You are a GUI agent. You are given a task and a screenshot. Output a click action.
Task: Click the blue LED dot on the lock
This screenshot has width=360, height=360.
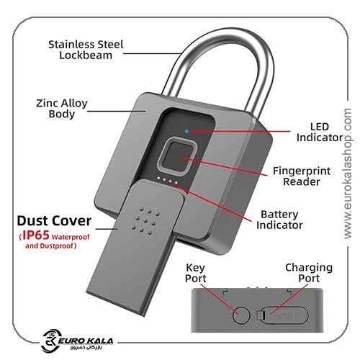[x=186, y=131]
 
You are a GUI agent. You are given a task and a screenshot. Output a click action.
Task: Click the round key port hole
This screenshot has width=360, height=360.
[x=241, y=315]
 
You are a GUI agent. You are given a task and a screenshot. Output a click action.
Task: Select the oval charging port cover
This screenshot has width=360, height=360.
[x=282, y=315]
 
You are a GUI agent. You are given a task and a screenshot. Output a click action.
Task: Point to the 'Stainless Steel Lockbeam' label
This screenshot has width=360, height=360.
[x=86, y=50]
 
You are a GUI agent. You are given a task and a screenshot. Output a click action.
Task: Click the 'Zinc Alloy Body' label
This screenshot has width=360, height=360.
[x=62, y=109]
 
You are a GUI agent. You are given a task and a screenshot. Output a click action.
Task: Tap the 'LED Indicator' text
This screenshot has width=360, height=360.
[x=320, y=132]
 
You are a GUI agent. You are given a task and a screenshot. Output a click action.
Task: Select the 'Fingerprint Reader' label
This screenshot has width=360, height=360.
[x=302, y=176]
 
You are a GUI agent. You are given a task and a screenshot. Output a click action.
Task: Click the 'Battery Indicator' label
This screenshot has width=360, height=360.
[x=279, y=220]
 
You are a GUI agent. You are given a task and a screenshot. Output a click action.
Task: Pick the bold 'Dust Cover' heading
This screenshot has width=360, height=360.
[x=54, y=221]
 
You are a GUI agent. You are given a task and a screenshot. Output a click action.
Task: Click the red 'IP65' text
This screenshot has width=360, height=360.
[x=36, y=235]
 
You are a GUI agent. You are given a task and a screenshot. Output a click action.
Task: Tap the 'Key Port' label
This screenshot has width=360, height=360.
[x=195, y=273]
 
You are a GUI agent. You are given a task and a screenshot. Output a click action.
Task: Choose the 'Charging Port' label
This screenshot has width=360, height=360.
[x=309, y=273]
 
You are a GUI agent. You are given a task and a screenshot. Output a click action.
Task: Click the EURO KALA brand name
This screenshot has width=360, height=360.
[x=86, y=341]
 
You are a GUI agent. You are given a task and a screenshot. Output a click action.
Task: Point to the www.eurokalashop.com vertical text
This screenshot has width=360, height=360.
[x=347, y=174]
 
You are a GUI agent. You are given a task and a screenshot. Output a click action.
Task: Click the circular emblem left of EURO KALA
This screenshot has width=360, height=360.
[x=50, y=341]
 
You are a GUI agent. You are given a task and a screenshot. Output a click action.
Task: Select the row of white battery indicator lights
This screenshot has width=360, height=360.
[x=168, y=180]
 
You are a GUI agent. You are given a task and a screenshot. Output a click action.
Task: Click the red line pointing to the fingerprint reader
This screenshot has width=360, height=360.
[x=224, y=166]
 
